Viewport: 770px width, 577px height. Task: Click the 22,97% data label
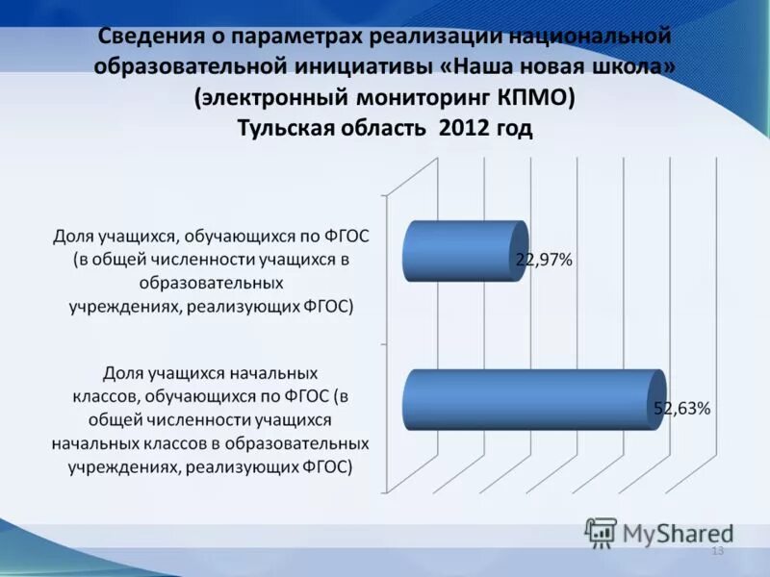545,260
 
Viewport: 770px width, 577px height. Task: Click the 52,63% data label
682,408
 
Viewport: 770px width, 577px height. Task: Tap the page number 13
716,550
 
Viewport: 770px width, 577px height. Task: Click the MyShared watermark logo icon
601,531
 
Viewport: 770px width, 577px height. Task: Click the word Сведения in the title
146,37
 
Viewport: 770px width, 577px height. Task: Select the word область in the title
383,129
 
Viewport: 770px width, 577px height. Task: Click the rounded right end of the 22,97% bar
521,250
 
